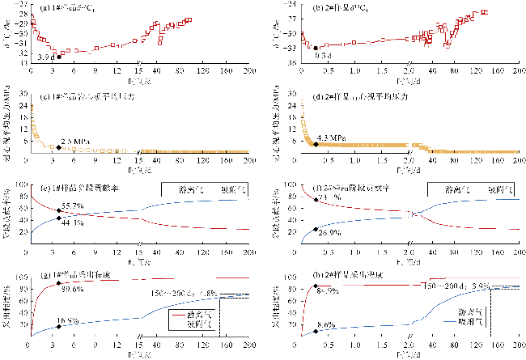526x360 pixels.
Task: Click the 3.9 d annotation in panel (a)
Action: click(x=46, y=57)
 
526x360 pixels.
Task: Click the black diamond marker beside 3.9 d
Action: click(x=58, y=57)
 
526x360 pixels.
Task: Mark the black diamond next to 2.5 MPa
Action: click(x=59, y=147)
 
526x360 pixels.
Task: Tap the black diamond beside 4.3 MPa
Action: click(x=316, y=144)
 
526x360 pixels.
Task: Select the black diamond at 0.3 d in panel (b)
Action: click(x=316, y=48)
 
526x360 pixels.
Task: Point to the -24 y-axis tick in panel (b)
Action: click(x=294, y=7)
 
